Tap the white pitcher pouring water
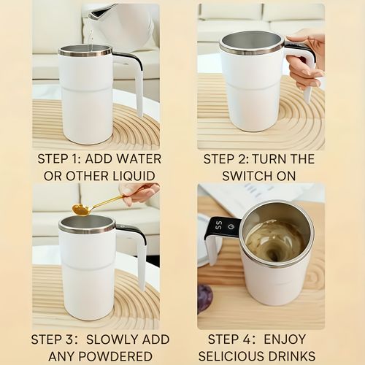coord(124,26)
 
